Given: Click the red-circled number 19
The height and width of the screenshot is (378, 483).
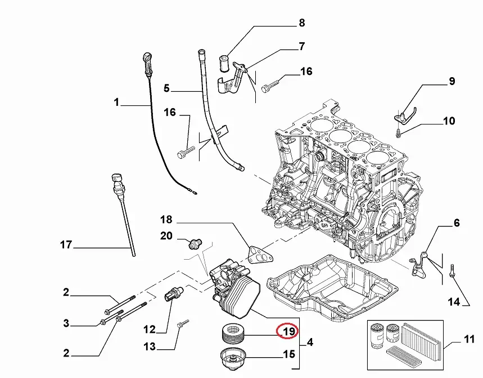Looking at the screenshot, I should tap(288, 332).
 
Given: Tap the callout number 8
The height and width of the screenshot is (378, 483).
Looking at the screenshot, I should tap(301, 23).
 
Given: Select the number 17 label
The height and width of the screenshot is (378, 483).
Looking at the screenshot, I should tap(66, 245).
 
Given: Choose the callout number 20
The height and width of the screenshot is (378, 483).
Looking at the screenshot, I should tap(166, 236).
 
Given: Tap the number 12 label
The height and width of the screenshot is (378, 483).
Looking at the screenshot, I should tap(148, 328).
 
